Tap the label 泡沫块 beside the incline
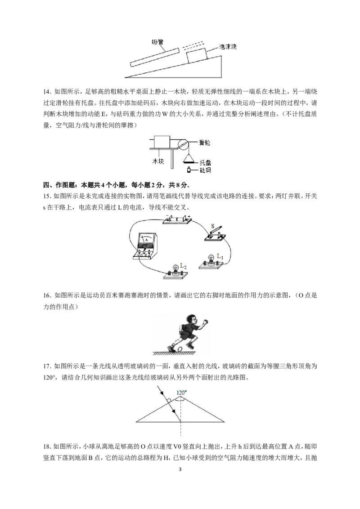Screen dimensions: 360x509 point(227,47)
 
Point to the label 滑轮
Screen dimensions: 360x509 point(204,143)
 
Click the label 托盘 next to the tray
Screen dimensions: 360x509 point(205,163)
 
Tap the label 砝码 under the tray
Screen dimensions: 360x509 point(205,170)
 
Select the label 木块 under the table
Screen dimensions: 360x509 point(158,161)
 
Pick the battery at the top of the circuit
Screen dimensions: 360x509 point(177,219)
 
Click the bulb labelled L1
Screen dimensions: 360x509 point(210,262)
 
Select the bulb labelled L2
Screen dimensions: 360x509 point(175,272)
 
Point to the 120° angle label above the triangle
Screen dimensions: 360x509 point(182,393)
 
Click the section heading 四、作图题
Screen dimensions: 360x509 point(60,185)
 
